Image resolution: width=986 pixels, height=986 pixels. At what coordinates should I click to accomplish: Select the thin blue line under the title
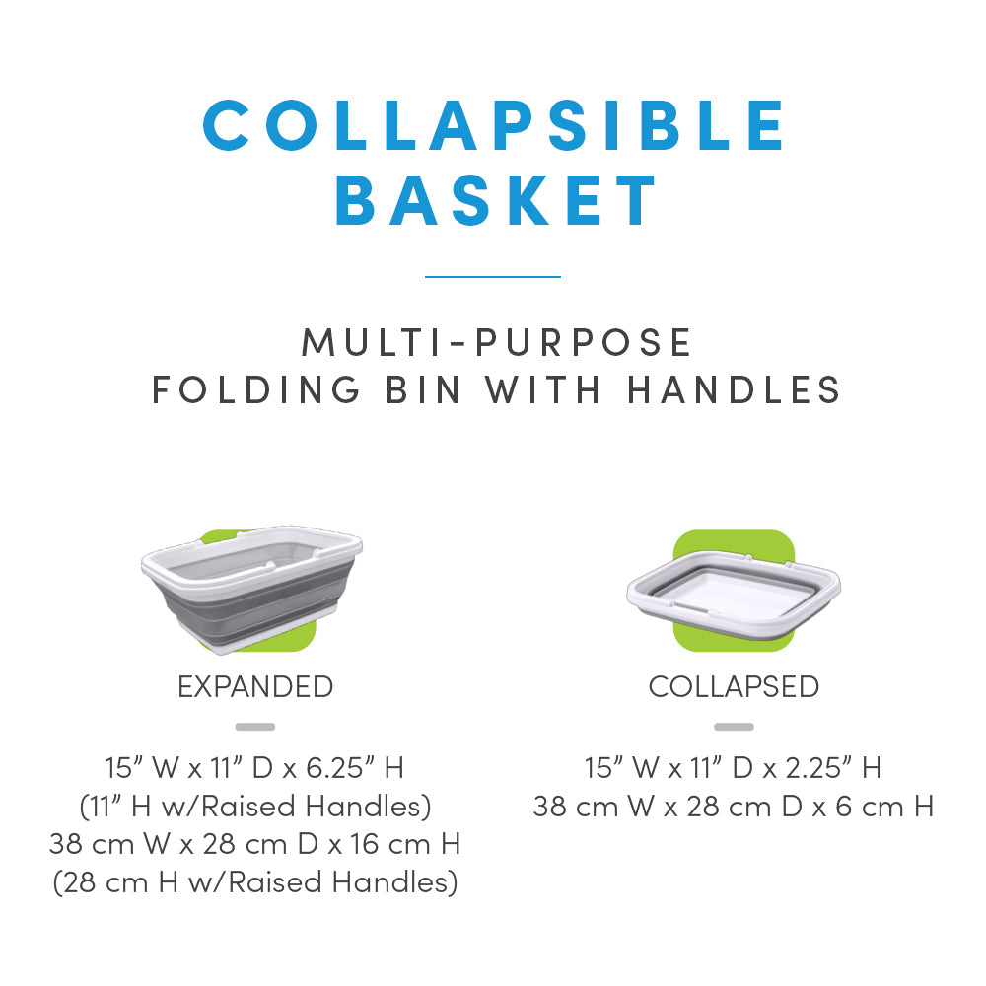click(493, 277)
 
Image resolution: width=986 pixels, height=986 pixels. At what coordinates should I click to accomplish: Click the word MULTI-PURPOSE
click(496, 343)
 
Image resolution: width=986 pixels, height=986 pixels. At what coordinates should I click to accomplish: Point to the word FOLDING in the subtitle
click(256, 389)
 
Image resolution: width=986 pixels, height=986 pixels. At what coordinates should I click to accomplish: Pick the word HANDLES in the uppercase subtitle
click(734, 389)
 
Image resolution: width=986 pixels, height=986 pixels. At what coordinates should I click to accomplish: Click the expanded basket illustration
click(251, 590)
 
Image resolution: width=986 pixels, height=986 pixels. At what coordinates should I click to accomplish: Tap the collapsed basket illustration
click(734, 591)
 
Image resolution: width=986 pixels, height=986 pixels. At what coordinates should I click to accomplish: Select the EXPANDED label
click(255, 686)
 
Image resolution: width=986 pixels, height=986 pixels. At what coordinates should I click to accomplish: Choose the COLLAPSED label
click(734, 686)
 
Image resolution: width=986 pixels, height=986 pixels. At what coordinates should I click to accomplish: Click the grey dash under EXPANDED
click(255, 727)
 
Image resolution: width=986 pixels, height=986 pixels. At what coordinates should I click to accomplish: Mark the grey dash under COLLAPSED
click(734, 727)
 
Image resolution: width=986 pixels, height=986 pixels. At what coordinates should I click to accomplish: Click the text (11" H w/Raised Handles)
click(255, 807)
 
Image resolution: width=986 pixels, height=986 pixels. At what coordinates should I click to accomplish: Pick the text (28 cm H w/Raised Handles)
click(255, 882)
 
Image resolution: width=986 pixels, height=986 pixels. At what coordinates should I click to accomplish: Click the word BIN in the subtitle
click(423, 389)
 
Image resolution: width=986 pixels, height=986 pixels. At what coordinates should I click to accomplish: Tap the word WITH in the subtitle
click(543, 389)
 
